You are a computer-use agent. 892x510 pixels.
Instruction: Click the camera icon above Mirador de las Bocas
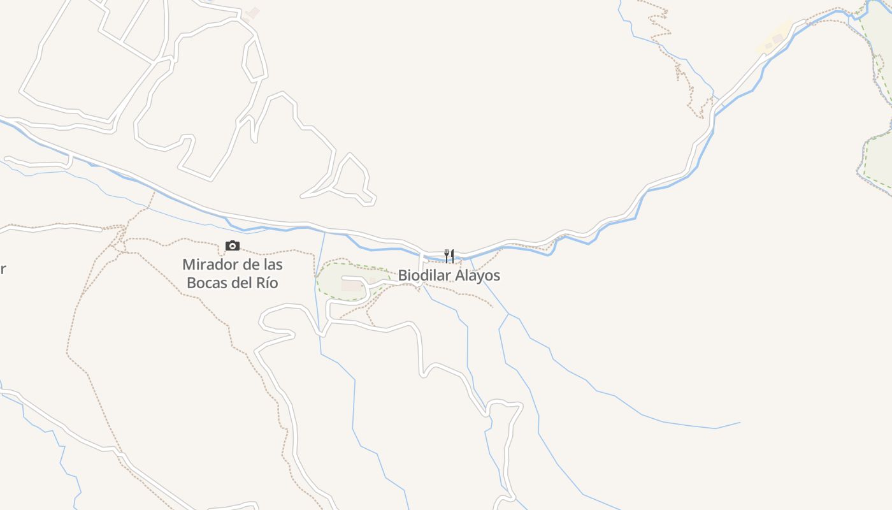[x=233, y=246]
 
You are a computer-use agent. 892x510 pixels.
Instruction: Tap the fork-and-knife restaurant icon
[x=449, y=256]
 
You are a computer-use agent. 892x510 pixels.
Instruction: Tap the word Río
[x=268, y=283]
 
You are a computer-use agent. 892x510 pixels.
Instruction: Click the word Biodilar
[x=424, y=275]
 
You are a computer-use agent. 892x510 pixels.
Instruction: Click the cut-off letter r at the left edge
[x=3, y=269]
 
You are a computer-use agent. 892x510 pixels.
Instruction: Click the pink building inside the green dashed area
[x=352, y=286]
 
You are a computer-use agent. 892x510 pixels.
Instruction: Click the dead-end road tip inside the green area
[x=344, y=279]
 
